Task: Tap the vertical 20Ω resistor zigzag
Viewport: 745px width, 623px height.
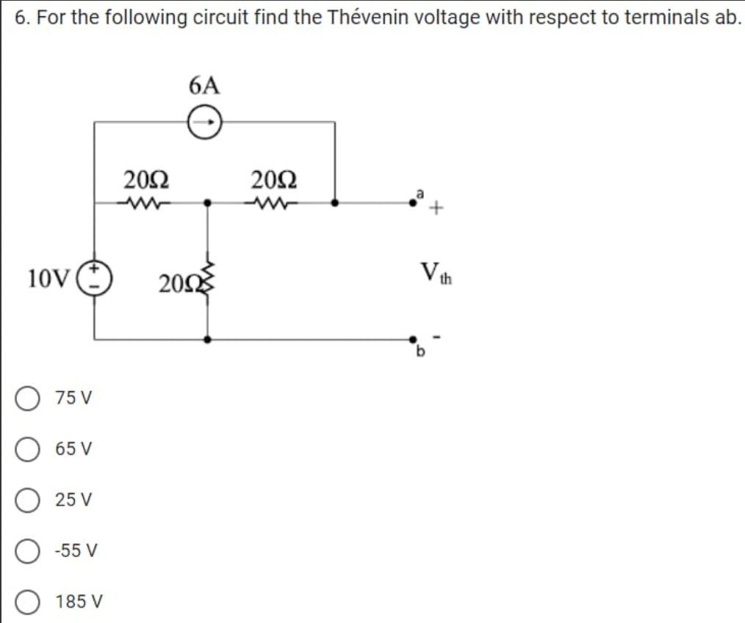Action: (209, 277)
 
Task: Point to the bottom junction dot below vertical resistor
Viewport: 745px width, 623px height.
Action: (209, 340)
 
